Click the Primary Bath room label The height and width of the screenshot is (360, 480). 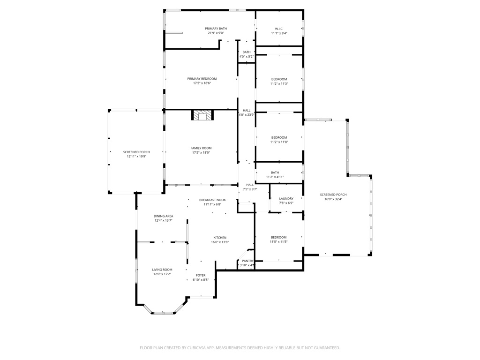tap(216, 29)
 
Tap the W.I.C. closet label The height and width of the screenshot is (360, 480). tap(279, 29)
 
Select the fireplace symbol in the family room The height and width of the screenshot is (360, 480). tap(202, 115)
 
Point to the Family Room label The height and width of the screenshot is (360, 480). tap(201, 148)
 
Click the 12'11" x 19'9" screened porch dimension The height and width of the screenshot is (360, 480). tap(136, 157)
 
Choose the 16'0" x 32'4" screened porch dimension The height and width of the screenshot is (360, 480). tap(333, 199)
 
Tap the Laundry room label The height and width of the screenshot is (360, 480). tap(286, 199)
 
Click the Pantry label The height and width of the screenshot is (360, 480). tap(247, 261)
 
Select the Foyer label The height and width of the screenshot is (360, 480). tap(201, 275)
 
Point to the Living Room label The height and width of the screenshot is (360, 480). tap(162, 270)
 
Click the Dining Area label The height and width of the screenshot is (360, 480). tap(163, 216)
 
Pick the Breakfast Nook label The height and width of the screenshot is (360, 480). tap(212, 200)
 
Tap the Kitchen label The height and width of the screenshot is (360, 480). tap(220, 238)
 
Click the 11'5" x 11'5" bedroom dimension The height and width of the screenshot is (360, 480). tap(278, 242)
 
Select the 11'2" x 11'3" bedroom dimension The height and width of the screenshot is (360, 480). tap(279, 84)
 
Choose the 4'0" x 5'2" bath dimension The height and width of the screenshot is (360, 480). tap(247, 57)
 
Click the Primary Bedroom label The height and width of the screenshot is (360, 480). tap(202, 79)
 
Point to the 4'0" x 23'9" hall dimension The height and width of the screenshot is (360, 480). tap(247, 115)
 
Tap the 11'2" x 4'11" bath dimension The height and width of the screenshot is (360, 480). tap(275, 177)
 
